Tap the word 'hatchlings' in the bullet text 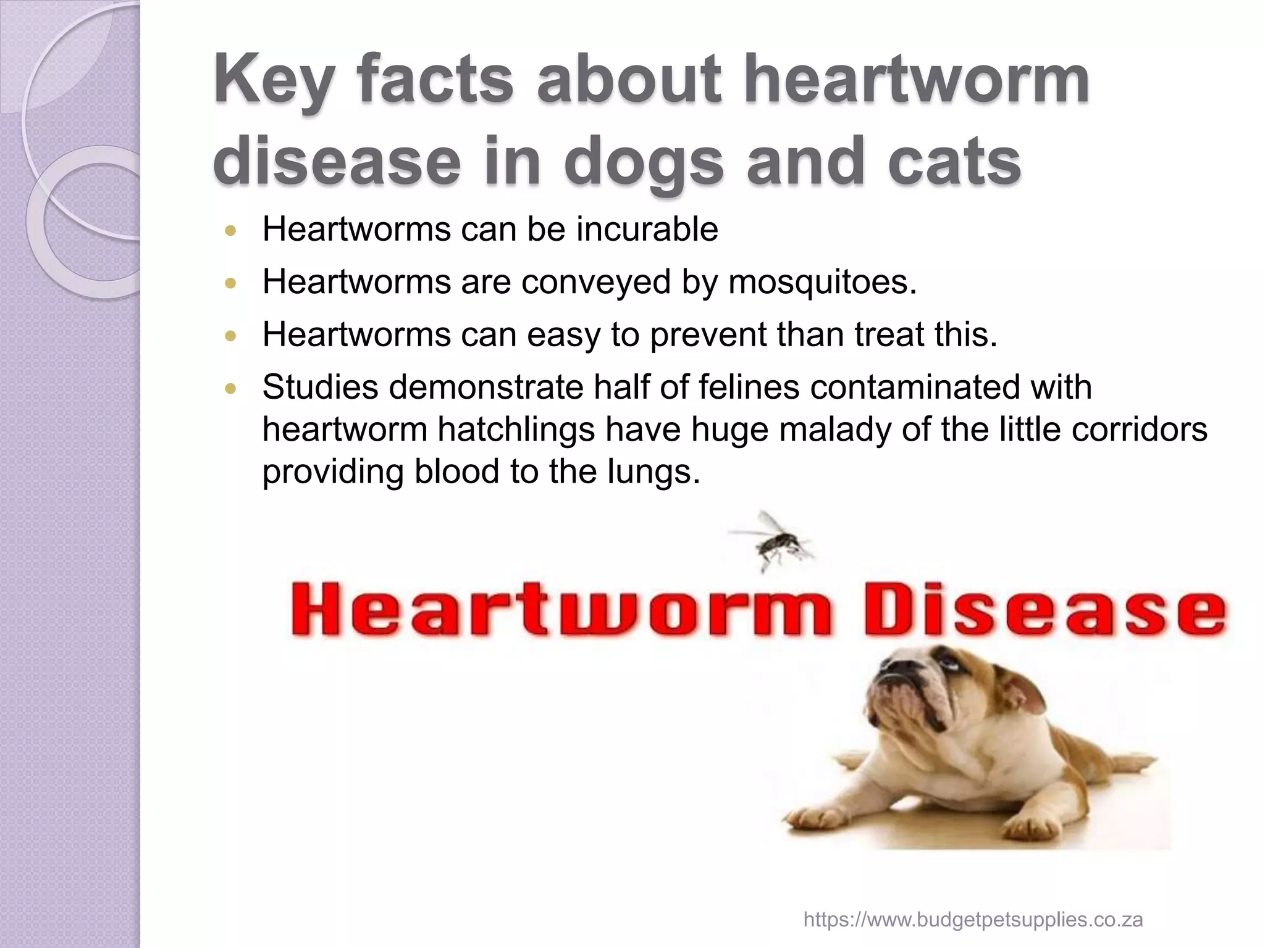[516, 430]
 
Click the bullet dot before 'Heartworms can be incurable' [231, 231]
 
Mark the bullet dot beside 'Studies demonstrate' [231, 389]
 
